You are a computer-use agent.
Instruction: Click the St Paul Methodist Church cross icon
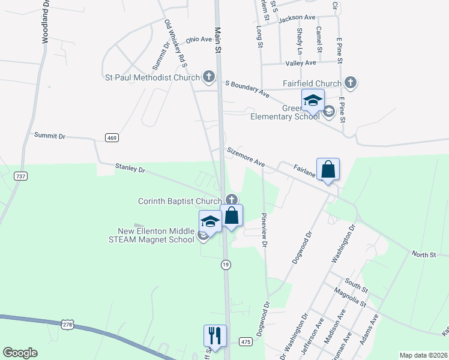(x=208, y=77)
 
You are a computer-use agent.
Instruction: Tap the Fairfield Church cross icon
(x=351, y=83)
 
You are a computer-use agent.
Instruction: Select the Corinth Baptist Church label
(x=179, y=201)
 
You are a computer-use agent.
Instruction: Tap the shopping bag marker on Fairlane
(x=328, y=170)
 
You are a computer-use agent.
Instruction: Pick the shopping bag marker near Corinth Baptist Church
(x=232, y=216)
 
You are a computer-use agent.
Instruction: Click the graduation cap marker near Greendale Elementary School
(x=313, y=101)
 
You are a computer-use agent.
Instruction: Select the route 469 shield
(x=112, y=138)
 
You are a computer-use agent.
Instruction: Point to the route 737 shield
(x=21, y=175)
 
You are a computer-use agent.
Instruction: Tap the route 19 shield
(x=225, y=265)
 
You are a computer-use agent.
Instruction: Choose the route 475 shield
(x=246, y=341)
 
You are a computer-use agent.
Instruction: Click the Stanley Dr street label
(x=130, y=170)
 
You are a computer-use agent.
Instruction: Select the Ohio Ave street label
(x=199, y=40)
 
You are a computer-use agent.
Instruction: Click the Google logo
(x=20, y=353)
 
